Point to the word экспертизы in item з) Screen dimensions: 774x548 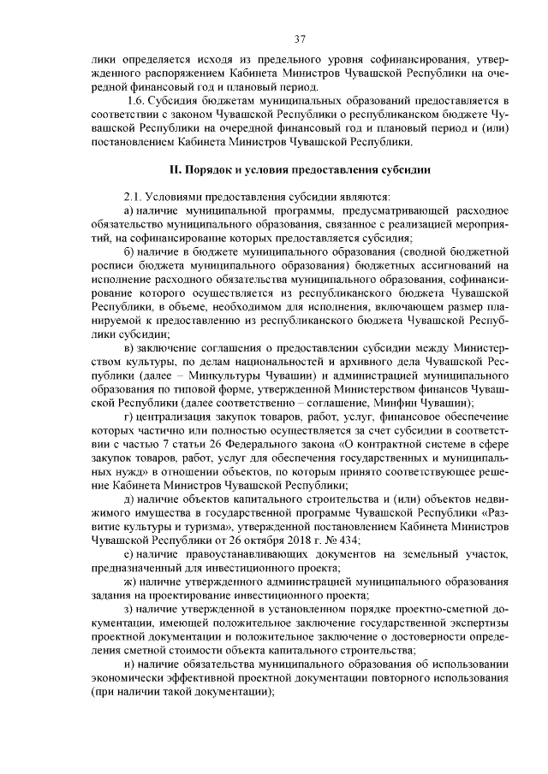pyautogui.click(x=477, y=623)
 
